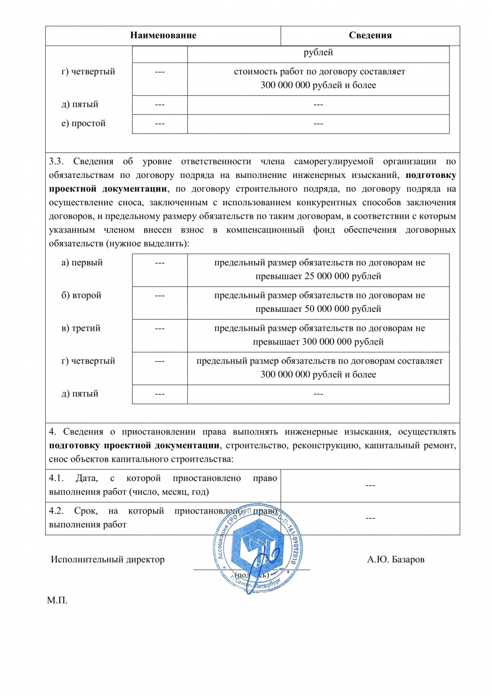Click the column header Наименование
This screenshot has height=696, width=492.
163,36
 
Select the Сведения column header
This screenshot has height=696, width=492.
370,36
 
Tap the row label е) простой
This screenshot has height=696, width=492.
84,124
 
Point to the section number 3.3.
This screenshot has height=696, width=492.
56,162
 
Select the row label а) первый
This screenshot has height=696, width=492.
82,263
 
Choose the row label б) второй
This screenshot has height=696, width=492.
81,295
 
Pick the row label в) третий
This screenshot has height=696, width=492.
81,328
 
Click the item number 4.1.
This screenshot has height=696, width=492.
56,478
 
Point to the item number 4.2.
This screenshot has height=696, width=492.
56,511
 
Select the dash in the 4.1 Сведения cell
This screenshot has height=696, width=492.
370,485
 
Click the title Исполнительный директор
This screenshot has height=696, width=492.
107,560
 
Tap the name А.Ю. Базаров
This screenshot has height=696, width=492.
395,560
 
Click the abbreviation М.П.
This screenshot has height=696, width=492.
57,601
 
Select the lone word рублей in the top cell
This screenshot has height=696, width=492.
318,53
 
